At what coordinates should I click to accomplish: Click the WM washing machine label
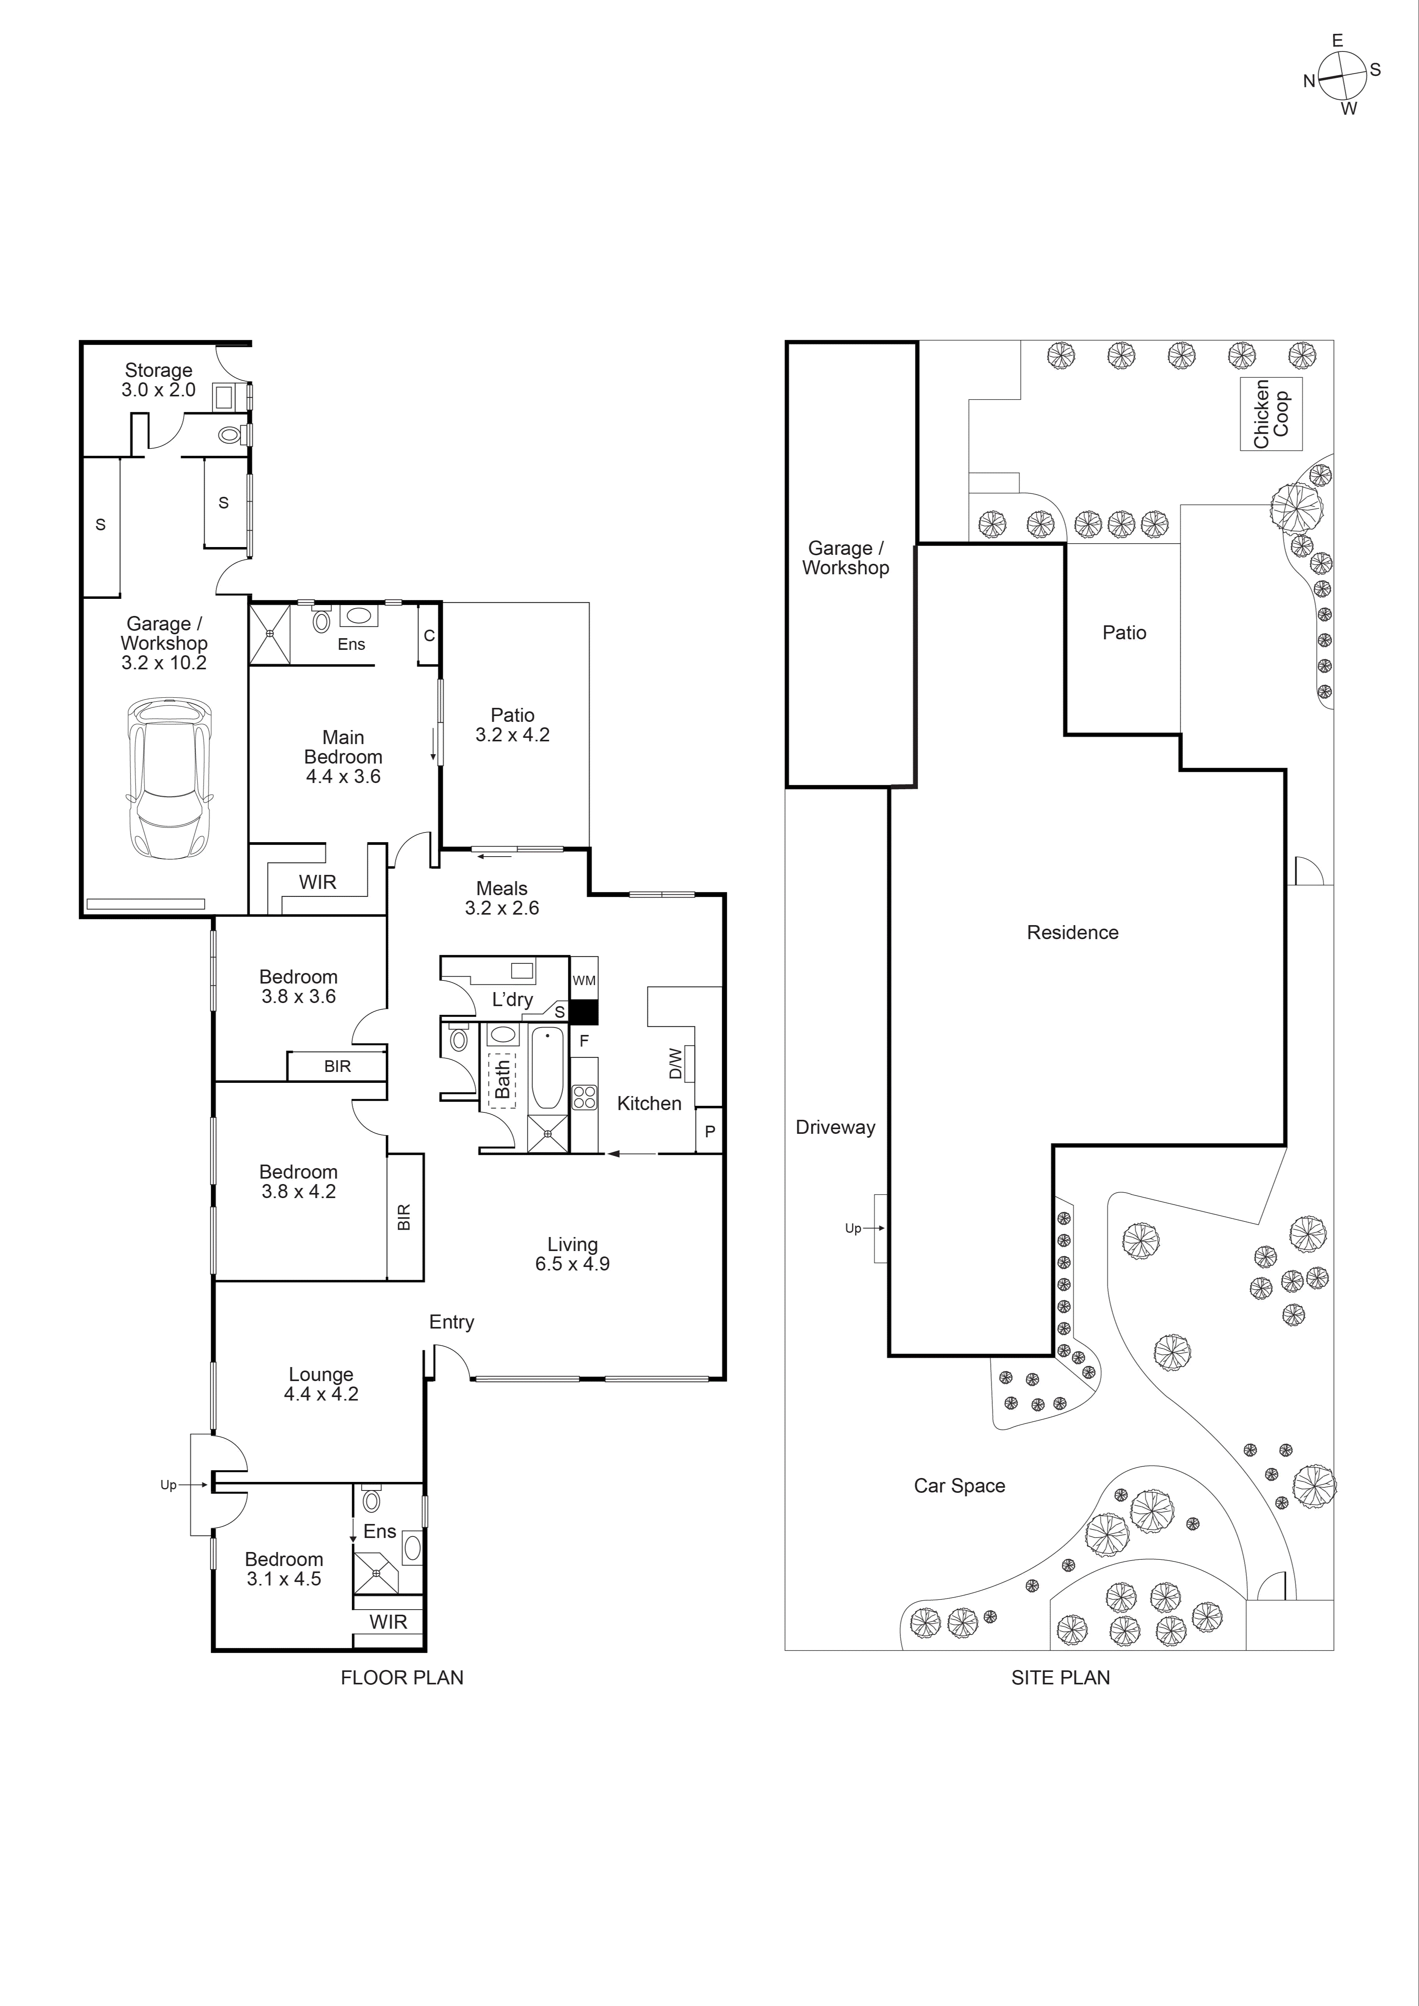pyautogui.click(x=583, y=980)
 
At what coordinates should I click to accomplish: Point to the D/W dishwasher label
pyautogui.click(x=675, y=1063)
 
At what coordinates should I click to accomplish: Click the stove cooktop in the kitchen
pyautogui.click(x=583, y=1097)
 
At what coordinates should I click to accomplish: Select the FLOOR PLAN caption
pyautogui.click(x=402, y=1677)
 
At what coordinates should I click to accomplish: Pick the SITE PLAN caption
pyautogui.click(x=1060, y=1677)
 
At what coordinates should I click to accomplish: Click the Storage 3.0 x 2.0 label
pyautogui.click(x=158, y=380)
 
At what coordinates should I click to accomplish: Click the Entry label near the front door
pyautogui.click(x=451, y=1322)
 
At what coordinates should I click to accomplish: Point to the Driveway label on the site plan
pyautogui.click(x=834, y=1127)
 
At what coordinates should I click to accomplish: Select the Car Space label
pyautogui.click(x=959, y=1485)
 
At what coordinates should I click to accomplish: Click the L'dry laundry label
pyautogui.click(x=512, y=999)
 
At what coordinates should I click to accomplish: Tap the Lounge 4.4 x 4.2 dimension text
pyautogui.click(x=321, y=1394)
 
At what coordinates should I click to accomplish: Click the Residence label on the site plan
pyautogui.click(x=1072, y=932)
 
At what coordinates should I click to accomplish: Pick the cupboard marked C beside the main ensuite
pyautogui.click(x=429, y=635)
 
